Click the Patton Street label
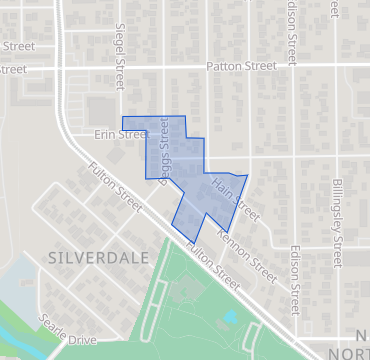[241, 66]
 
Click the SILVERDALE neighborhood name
[98, 257]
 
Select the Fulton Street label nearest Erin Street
[114, 185]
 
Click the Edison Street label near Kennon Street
[295, 278]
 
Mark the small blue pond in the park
[231, 316]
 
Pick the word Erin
[106, 133]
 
